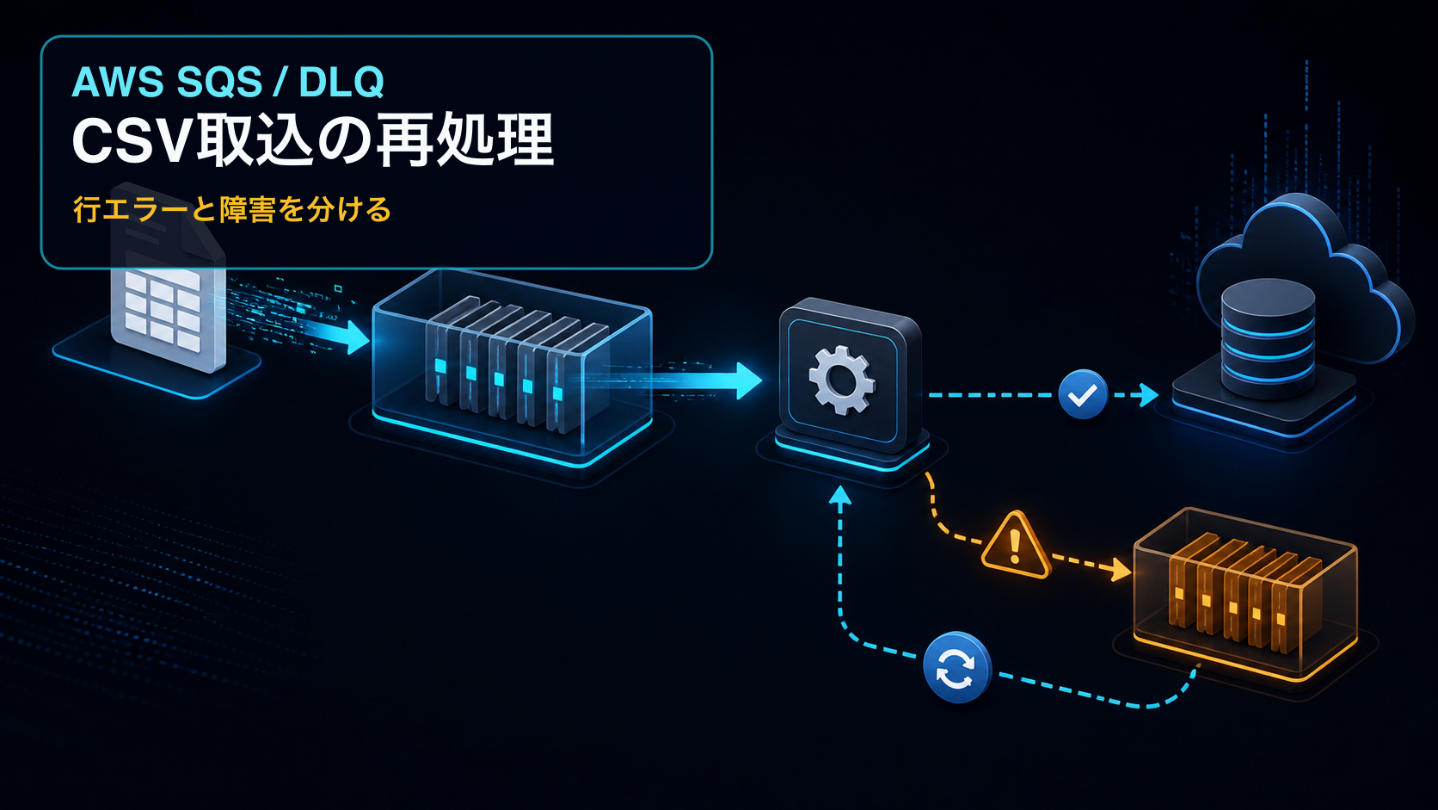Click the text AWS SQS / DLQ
227,83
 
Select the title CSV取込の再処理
313,140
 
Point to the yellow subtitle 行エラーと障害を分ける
231,209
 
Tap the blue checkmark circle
1083,394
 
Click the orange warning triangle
1015,545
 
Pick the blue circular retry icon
956,667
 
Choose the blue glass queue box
512,366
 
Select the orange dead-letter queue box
1245,591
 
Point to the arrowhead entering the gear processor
748,381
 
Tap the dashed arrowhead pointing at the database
1149,395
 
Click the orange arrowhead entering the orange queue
1121,569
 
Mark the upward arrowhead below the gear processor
839,495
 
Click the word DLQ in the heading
341,83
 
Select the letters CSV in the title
133,141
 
